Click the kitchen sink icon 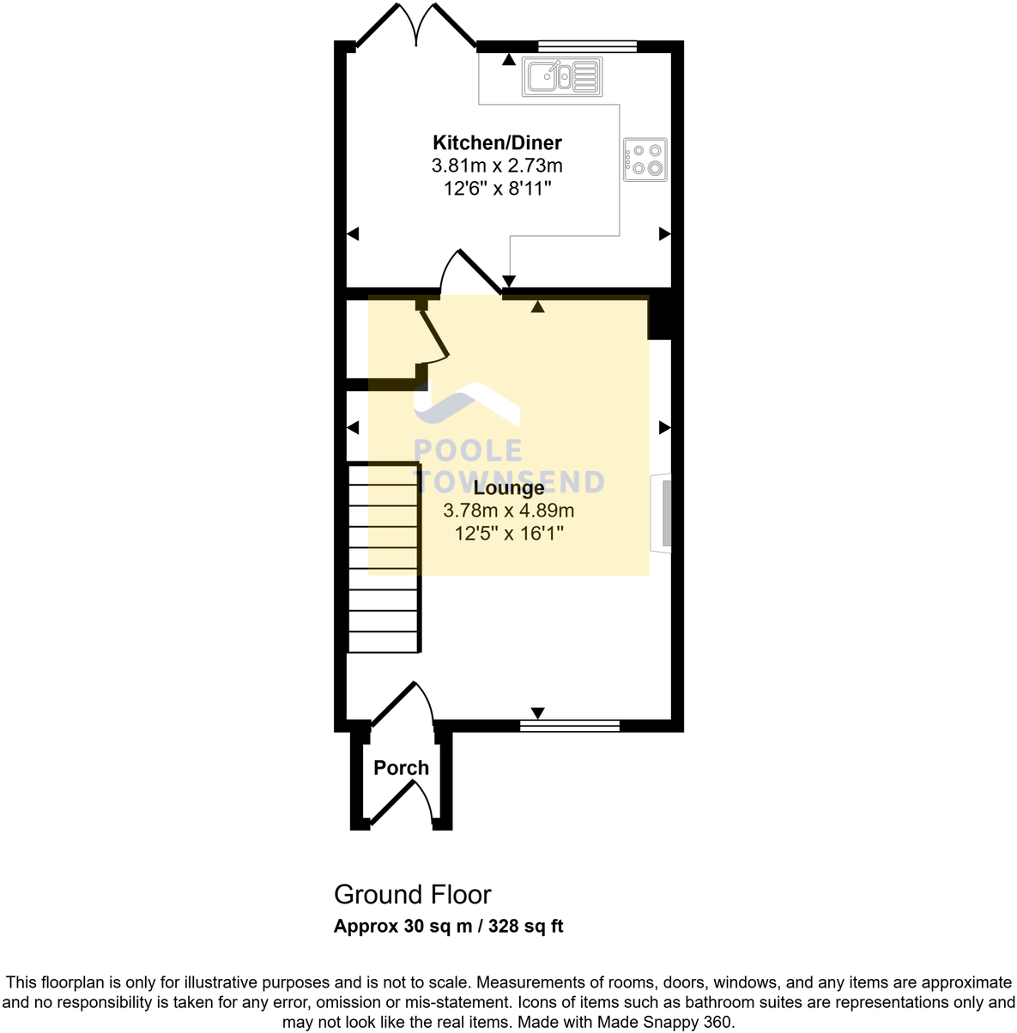(562, 76)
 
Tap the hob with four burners (645, 159)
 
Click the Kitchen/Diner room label (497, 142)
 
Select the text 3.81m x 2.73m (497, 166)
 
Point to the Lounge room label (509, 488)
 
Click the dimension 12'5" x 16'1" (509, 534)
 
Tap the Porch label (401, 768)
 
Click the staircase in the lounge (384, 558)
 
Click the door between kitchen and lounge (471, 273)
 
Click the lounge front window (570, 726)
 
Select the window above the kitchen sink (587, 46)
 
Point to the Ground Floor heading (412, 895)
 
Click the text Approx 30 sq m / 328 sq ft (448, 927)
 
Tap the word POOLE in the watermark (468, 451)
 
